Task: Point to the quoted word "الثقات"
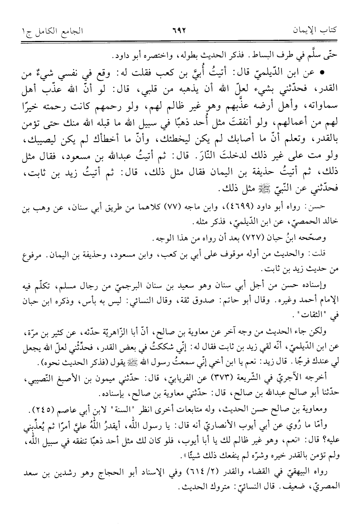click(318, 306)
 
